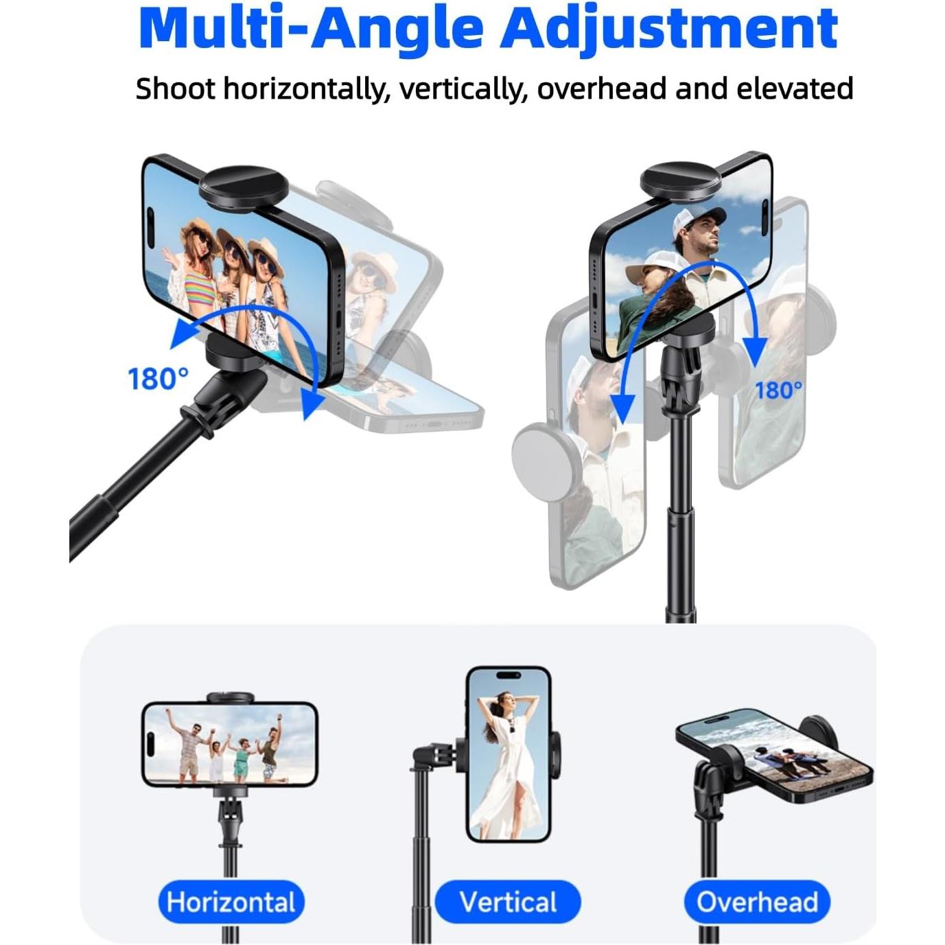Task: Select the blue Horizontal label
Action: tap(231, 902)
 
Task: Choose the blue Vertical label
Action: tap(508, 902)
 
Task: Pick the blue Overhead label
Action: tap(757, 902)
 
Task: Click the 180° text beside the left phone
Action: tap(158, 379)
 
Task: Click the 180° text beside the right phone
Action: tap(778, 390)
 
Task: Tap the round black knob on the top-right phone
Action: tap(680, 180)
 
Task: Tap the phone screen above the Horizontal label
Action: tap(230, 743)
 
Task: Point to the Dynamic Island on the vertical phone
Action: tap(508, 676)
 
